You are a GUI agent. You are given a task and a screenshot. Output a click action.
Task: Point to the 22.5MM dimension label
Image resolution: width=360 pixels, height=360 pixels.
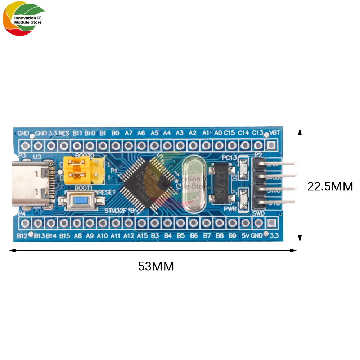[x=330, y=186]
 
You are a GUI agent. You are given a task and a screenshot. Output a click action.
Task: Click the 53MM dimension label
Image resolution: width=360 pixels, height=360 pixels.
[x=156, y=266]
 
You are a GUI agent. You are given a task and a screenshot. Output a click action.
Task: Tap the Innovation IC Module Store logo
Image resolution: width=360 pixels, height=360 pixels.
[x=24, y=20]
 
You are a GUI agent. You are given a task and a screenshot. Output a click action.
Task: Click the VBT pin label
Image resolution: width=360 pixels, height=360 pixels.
[x=275, y=133]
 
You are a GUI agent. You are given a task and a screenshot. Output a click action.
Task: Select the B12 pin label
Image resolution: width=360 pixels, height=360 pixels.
[x=23, y=236]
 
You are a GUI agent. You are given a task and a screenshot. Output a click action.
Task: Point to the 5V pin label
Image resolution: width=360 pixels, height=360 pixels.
[x=246, y=236]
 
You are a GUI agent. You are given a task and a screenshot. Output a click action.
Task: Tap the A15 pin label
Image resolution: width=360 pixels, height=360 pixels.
[x=142, y=236]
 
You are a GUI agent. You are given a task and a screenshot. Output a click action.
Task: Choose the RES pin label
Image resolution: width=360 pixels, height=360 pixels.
[x=64, y=133]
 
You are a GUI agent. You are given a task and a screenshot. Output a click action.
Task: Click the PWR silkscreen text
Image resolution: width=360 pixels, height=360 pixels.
[x=229, y=208]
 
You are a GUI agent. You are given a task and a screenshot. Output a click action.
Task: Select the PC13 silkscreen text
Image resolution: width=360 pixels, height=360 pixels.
[x=229, y=158]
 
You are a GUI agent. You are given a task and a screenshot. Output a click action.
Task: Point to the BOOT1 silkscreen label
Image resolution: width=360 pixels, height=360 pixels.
[x=84, y=188]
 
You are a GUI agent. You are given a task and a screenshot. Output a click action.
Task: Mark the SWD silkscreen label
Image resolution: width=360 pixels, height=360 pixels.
[x=258, y=213]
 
